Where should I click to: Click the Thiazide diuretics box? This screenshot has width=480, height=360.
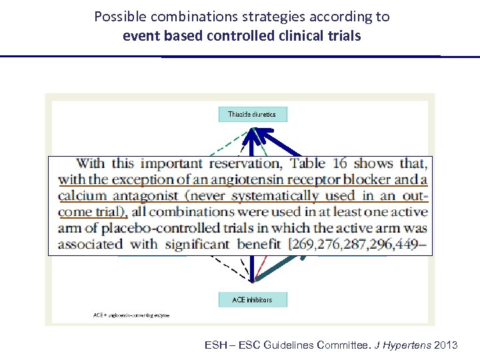[x=253, y=114]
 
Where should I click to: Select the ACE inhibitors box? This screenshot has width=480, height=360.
[x=253, y=300]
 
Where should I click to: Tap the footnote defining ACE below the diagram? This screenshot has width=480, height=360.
[x=131, y=315]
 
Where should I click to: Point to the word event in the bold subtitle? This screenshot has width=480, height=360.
[x=139, y=35]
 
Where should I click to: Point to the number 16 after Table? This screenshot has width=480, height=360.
[x=339, y=163]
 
